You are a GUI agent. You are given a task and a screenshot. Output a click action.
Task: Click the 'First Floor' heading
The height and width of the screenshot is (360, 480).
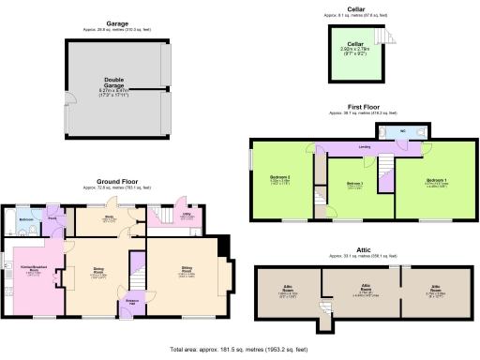[355, 108]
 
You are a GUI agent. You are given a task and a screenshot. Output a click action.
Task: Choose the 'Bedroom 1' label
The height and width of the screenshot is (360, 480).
[436, 180]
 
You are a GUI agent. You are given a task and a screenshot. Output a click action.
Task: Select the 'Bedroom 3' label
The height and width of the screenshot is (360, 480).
[354, 183]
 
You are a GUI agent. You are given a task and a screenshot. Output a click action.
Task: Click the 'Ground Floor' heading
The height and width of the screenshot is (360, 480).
[117, 181]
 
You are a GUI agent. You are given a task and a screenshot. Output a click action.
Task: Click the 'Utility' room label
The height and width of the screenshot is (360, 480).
[187, 216]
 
